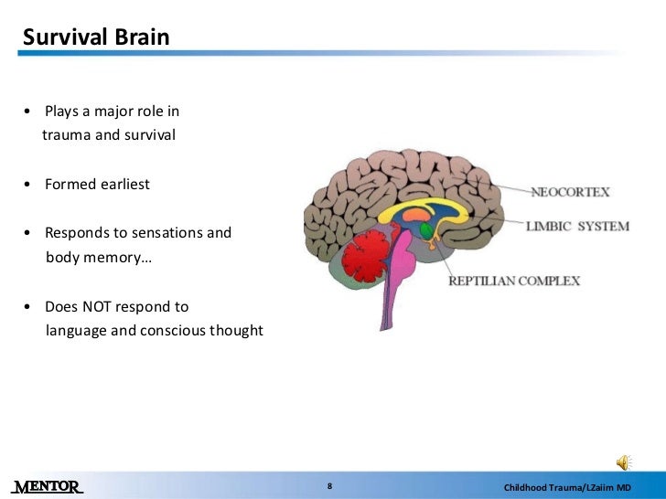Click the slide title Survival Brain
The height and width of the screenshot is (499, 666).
tap(95, 37)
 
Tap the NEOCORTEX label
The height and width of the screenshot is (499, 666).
tap(571, 193)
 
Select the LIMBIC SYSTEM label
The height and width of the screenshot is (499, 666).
tap(577, 227)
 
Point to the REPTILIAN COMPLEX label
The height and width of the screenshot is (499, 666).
tap(513, 281)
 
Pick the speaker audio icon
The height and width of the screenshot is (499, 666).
tap(624, 461)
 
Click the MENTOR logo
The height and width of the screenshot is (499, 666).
tap(48, 485)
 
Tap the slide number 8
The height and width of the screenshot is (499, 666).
tap(329, 485)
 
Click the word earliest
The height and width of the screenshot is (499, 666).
tap(124, 184)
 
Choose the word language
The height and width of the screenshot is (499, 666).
tap(76, 330)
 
